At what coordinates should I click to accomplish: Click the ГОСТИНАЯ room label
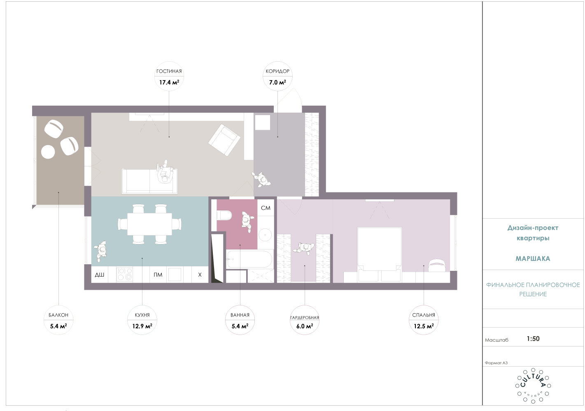click(169, 71)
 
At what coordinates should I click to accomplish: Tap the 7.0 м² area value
click(277, 83)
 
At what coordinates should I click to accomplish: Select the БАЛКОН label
click(58, 315)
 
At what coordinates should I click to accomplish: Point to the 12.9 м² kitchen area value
click(142, 326)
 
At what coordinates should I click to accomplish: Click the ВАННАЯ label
click(240, 315)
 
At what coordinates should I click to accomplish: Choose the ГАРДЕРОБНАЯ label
click(305, 318)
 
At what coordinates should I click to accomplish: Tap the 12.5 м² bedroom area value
click(423, 326)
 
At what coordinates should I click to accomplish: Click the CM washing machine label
click(266, 208)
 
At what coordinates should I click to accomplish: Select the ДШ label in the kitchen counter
click(99, 275)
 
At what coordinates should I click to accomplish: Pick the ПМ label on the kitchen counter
click(158, 275)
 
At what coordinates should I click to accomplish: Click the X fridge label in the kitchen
click(200, 275)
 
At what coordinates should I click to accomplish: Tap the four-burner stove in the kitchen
click(125, 275)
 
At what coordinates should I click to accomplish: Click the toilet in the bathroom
click(224, 216)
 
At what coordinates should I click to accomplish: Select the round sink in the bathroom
click(265, 235)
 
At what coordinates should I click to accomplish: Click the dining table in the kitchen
click(149, 224)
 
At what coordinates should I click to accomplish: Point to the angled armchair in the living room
click(224, 140)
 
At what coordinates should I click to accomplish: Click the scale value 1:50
click(533, 339)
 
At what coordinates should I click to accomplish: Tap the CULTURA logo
click(533, 386)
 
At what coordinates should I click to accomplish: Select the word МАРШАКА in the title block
click(533, 259)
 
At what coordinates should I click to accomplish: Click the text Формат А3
click(496, 363)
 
